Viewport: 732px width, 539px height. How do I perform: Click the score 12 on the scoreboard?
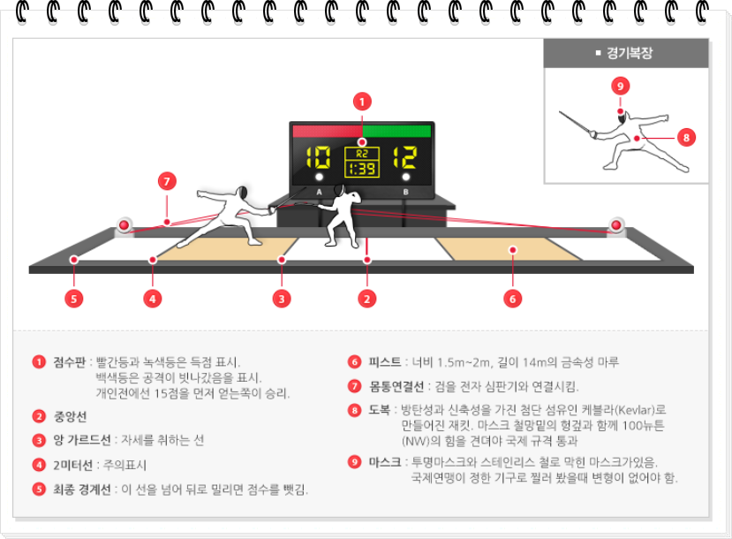pos(405,158)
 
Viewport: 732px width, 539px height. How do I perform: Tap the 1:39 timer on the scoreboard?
pos(361,168)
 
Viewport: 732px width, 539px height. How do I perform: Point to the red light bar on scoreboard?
pos(327,131)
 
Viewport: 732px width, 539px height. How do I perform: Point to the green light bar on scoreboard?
pos(396,131)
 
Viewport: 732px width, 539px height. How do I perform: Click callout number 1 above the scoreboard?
pos(361,102)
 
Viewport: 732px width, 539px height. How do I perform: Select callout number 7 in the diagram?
pos(167,182)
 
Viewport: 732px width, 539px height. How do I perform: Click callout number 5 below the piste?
pos(74,299)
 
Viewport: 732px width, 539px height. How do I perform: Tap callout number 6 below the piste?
pos(512,299)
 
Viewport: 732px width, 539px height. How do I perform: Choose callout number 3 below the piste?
pos(282,299)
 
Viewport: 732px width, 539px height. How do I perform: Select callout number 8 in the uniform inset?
pos(686,137)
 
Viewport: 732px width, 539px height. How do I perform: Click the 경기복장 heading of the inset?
pos(629,53)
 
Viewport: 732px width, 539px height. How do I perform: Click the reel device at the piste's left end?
pos(125,226)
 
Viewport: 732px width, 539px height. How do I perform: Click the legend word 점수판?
pos(70,362)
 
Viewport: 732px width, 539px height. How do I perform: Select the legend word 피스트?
pos(384,362)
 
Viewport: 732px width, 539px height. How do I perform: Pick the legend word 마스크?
pos(384,462)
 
